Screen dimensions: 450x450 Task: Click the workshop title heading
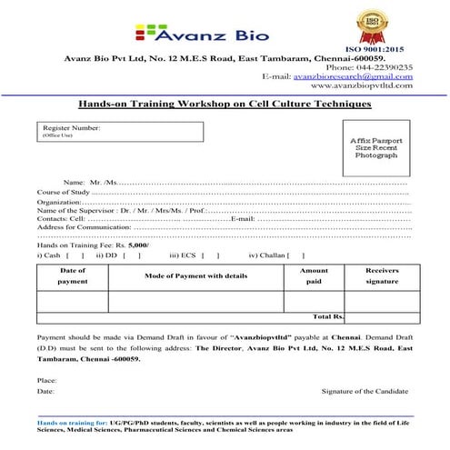[x=225, y=105]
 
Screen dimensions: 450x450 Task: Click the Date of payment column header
[x=73, y=276]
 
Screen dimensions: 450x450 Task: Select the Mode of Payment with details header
[x=195, y=275]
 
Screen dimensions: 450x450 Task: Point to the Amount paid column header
[x=314, y=276]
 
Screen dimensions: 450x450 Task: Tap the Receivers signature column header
[x=382, y=276]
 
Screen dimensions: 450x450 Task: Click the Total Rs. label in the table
[x=328, y=317]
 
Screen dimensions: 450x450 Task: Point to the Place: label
[x=46, y=379]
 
